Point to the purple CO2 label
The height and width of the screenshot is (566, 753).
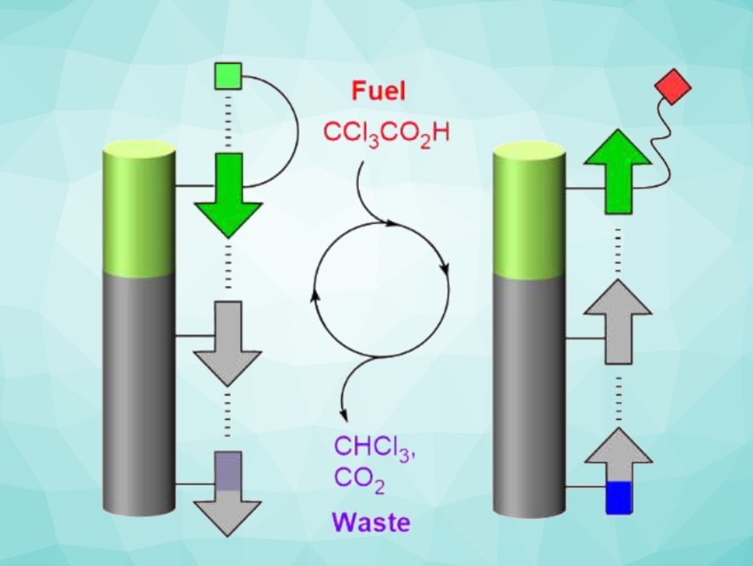coord(360,478)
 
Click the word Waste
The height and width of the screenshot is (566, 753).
coord(372,523)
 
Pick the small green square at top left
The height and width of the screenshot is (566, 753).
coord(229,76)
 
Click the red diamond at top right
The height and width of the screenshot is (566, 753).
coord(671,89)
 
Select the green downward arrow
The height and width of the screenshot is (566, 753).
coord(229,195)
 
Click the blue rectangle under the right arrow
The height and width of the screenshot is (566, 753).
coord(617,497)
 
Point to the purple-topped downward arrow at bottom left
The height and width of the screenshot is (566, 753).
coord(229,492)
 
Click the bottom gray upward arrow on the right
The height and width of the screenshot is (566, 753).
coord(617,456)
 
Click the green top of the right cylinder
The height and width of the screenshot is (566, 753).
coord(529,213)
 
